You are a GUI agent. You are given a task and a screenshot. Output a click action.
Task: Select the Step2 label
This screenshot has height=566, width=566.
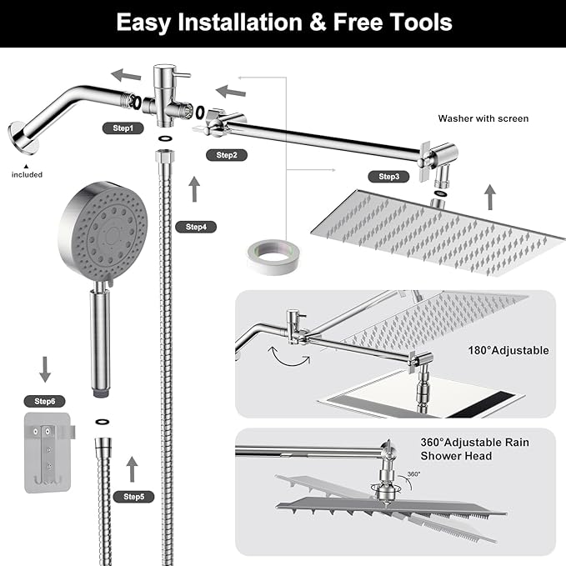[227, 155]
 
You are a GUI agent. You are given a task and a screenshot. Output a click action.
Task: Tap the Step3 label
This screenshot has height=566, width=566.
[389, 177]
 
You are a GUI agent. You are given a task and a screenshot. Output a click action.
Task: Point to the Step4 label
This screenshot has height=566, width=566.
[196, 227]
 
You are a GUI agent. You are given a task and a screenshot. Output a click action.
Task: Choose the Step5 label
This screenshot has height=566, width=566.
[134, 497]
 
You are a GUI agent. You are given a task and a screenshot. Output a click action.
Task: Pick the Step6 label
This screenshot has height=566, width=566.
[47, 402]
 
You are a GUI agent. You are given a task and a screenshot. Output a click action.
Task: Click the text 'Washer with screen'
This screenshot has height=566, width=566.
[483, 119]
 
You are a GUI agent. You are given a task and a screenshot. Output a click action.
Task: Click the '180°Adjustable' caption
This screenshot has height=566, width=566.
[509, 350]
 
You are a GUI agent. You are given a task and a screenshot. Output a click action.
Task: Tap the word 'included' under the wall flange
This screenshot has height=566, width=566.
[27, 174]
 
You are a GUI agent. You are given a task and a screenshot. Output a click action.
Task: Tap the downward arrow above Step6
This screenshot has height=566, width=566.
[45, 368]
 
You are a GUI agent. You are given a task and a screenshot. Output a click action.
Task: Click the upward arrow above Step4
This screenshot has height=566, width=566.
[195, 189]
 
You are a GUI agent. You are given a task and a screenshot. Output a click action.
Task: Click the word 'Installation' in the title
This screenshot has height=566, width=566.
[238, 23]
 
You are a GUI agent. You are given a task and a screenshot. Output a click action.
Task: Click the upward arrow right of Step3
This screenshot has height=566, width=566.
[490, 198]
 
